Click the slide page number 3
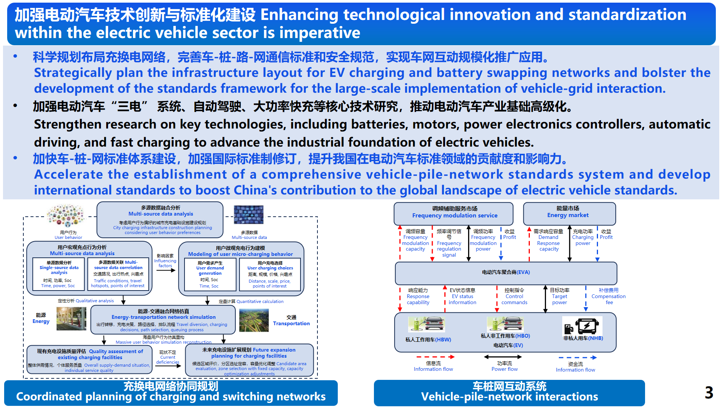pos(709,393)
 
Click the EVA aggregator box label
pos(506,272)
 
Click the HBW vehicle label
pos(428,340)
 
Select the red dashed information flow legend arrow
pos(435,357)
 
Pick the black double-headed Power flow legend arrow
pos(503,357)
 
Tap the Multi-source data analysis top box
pos(160,219)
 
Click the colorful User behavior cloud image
pos(66,216)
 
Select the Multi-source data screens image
pos(249,215)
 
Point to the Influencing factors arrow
pos(166,270)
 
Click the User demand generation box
pos(210,274)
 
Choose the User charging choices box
pos(270,274)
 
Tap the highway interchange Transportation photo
pos(254,320)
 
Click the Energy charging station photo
pos(71,318)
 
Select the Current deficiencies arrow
pos(168,365)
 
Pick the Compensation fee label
pos(609,296)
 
